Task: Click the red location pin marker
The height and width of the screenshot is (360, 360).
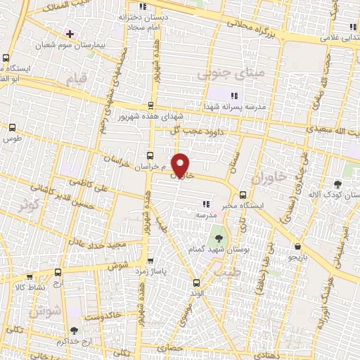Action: (x=181, y=164)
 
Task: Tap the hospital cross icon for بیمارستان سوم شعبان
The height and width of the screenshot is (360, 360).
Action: (x=69, y=34)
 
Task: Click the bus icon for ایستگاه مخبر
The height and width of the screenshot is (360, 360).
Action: (x=243, y=194)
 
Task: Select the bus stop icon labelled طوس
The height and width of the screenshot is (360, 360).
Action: (x=12, y=127)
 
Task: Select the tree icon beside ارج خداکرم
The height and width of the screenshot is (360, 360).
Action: (x=75, y=329)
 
